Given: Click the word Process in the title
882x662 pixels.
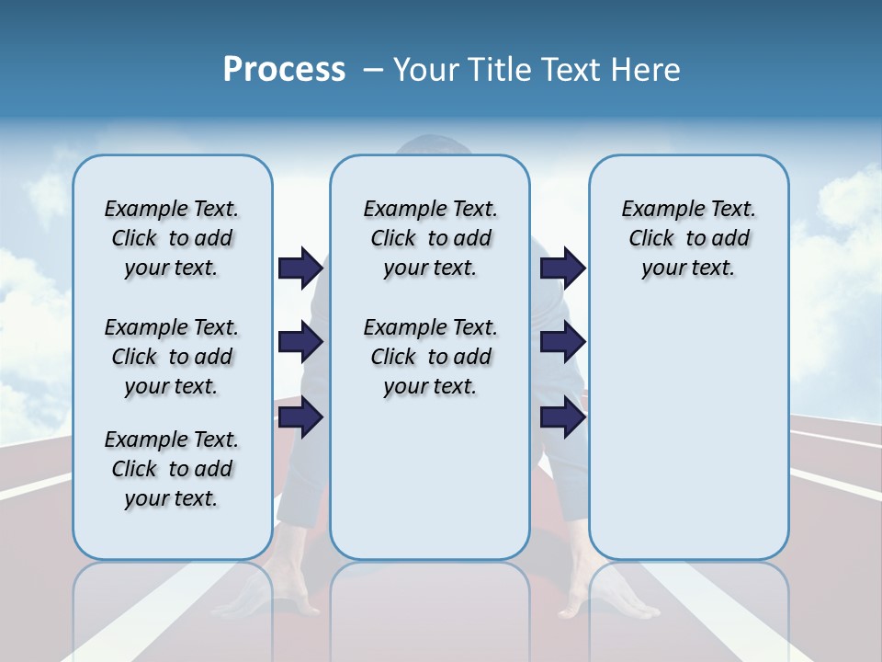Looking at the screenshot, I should [x=284, y=69].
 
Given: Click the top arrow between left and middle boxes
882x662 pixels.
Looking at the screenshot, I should [x=300, y=268].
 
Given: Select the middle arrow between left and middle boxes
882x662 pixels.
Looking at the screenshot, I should [x=300, y=343].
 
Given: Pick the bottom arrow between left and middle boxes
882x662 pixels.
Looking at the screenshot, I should [x=300, y=417].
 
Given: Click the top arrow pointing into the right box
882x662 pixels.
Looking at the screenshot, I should [x=562, y=268].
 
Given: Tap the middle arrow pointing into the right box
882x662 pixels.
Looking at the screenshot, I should [x=562, y=343].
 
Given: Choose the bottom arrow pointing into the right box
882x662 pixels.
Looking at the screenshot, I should [x=562, y=417].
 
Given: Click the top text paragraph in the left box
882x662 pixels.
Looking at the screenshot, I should [x=172, y=238].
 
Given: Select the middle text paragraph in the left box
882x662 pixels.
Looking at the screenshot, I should [x=172, y=357].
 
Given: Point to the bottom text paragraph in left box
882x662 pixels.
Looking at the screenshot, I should [x=172, y=469].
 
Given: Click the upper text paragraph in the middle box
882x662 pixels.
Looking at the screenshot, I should [x=430, y=238].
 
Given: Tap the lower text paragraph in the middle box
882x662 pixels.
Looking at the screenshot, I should [x=430, y=357].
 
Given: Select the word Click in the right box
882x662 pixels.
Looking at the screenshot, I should [x=651, y=238].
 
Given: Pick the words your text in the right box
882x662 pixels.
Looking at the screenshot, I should [x=688, y=268].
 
